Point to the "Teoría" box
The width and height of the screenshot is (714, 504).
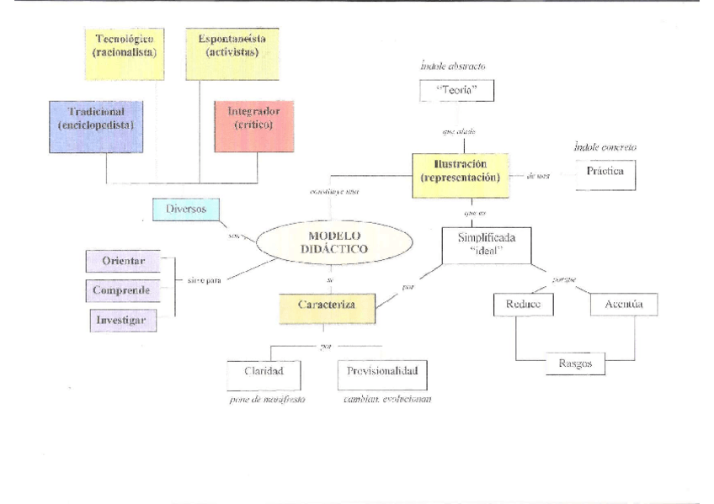coord(455,89)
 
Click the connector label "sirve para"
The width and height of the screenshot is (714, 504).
coord(204,281)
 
